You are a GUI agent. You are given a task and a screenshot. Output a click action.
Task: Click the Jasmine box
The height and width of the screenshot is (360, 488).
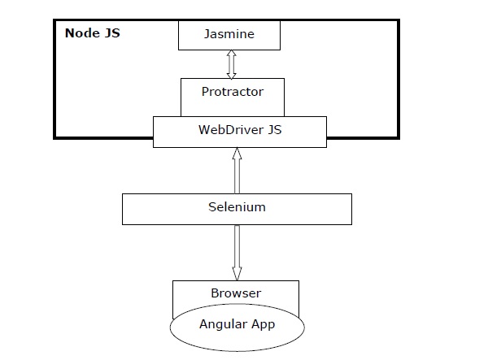[229, 35]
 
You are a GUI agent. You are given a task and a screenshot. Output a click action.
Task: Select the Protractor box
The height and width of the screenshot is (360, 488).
[233, 92]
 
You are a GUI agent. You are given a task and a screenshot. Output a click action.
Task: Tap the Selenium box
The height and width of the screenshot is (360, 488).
[237, 207]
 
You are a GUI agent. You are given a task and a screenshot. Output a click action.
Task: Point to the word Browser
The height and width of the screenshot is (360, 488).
[235, 293]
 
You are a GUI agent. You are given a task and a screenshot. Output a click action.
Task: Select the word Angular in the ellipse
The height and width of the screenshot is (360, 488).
[220, 324]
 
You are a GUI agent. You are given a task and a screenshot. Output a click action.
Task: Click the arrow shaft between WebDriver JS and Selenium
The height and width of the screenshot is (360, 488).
[237, 172]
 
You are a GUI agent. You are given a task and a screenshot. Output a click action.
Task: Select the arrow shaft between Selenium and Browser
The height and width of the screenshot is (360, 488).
[237, 248]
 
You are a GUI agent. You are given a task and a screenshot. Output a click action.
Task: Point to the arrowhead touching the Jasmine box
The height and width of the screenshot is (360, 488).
[230, 54]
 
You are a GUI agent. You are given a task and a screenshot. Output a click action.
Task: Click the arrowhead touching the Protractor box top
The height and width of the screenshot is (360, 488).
[230, 73]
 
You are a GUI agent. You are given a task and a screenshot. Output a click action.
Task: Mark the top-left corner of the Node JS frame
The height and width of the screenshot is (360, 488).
[56, 21]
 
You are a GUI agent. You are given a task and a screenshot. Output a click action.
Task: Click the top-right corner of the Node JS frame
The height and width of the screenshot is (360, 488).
[399, 21]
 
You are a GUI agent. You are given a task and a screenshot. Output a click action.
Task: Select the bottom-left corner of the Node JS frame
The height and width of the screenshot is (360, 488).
[56, 135]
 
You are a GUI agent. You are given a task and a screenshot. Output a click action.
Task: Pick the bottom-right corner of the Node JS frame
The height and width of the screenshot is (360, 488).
[399, 135]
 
